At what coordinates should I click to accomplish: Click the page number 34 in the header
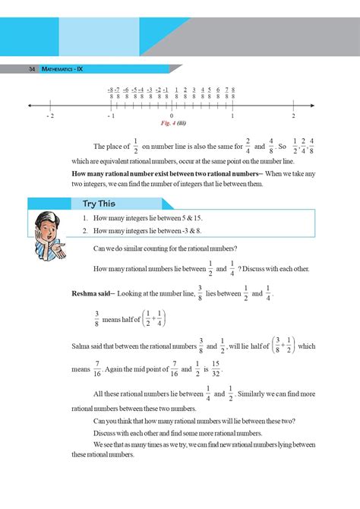32,69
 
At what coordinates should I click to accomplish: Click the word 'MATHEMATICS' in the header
58,69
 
